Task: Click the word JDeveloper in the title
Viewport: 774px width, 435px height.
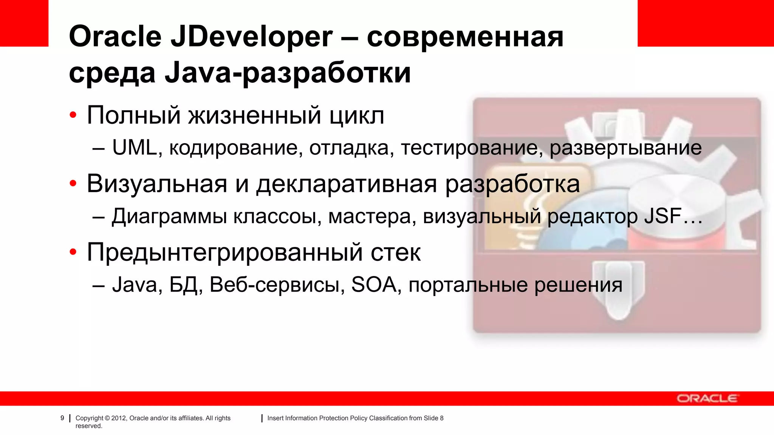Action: (x=252, y=37)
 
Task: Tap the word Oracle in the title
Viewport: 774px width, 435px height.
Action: (x=115, y=37)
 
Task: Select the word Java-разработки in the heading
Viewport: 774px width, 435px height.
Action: (x=288, y=72)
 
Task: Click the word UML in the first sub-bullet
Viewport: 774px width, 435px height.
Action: (x=135, y=148)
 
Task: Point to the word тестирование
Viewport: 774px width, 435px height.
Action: (x=469, y=148)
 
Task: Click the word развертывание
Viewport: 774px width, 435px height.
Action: (x=625, y=148)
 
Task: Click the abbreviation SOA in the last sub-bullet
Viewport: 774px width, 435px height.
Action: (x=374, y=285)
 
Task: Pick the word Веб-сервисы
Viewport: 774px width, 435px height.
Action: (x=277, y=285)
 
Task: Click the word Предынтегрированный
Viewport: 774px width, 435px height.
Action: (x=225, y=252)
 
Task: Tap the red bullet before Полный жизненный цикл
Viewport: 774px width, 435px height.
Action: (x=73, y=115)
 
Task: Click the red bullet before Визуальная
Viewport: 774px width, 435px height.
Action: (x=73, y=184)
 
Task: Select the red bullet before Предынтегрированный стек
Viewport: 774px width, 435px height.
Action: (x=73, y=252)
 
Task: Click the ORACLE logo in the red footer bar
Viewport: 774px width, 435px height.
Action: (x=707, y=398)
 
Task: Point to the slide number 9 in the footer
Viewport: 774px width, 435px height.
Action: (x=62, y=418)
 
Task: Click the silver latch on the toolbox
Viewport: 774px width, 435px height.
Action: (x=619, y=289)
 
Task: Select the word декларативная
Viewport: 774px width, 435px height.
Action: (x=347, y=184)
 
